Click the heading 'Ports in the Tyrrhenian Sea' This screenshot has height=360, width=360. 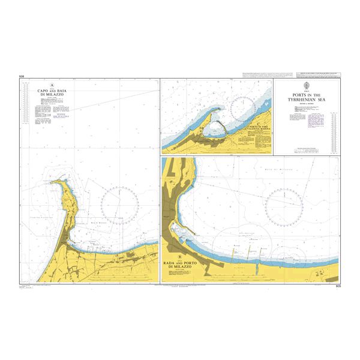tap(306, 97)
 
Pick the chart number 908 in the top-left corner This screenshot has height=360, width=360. tap(22, 76)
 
